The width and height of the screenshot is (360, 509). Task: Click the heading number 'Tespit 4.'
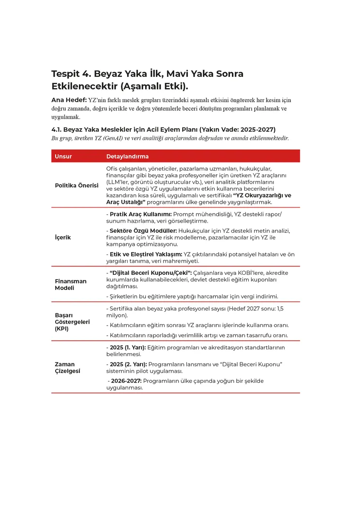71,74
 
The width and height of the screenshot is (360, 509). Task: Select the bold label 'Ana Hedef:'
69,100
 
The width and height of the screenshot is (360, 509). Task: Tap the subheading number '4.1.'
58,130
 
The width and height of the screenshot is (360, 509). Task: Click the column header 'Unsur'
63,156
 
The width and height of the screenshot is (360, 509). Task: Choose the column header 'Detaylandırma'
127,156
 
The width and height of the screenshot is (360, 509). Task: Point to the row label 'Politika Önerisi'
76,185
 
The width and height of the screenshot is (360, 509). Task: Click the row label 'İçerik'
62,238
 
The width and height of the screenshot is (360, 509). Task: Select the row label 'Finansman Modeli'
71,284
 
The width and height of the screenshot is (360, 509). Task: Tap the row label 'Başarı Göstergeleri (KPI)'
72,322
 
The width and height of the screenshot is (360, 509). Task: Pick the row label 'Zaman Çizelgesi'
68,367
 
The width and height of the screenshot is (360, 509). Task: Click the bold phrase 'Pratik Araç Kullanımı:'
140,214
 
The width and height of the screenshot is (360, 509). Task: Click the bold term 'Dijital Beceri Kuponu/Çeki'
149,273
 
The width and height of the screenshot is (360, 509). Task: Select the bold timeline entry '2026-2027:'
125,381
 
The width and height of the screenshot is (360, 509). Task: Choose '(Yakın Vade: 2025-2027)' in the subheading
237,130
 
